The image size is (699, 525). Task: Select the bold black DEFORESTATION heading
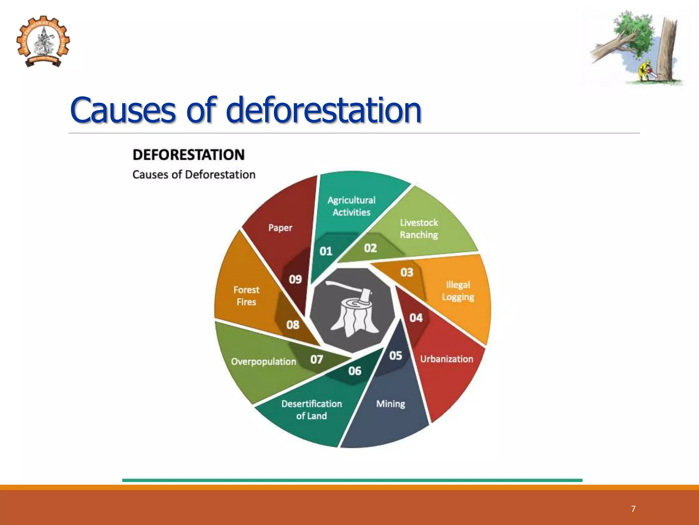[x=188, y=155]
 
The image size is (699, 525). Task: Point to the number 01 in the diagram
[x=326, y=252]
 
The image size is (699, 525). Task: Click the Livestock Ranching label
[x=419, y=229]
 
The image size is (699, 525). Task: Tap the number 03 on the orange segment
[x=407, y=272]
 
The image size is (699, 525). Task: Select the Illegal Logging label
[x=458, y=291]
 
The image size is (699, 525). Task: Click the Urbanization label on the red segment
[x=446, y=359]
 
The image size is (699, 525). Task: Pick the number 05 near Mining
[x=396, y=355]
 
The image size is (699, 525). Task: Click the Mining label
[x=390, y=404]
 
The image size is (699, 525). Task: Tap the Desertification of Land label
[x=311, y=410]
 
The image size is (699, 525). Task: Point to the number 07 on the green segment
[x=316, y=359]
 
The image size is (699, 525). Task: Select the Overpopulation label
[x=263, y=362]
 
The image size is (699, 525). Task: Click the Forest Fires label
[x=246, y=296]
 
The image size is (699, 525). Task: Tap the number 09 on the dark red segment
[x=295, y=280]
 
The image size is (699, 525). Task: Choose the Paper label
[x=280, y=228]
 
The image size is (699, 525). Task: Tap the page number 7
[x=633, y=509]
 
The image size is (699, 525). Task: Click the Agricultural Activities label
[x=351, y=206]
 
